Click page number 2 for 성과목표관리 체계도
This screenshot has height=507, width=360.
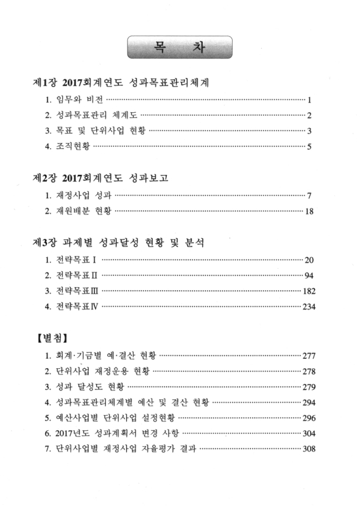[x=309, y=116]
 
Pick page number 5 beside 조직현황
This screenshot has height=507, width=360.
[x=309, y=148]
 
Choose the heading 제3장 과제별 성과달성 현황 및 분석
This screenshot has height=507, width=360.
[x=129, y=241]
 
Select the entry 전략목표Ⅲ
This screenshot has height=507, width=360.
[x=76, y=292]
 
